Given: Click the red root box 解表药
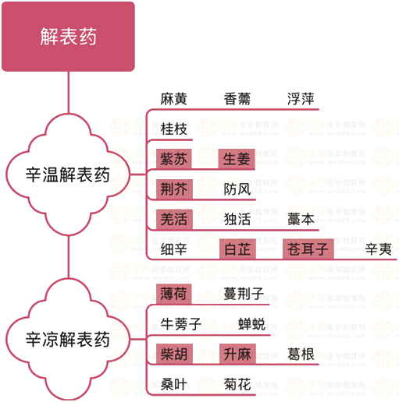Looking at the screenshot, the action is (68, 37).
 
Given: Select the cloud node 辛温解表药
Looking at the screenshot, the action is (68, 175).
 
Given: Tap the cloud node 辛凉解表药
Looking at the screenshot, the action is (68, 339).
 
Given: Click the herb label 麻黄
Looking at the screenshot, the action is (173, 99).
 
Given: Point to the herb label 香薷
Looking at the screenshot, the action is (237, 99).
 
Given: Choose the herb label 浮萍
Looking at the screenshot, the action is (301, 99).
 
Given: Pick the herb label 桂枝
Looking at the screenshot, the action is (173, 129).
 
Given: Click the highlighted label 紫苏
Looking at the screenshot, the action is (174, 159).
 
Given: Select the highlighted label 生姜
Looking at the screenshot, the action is (237, 159).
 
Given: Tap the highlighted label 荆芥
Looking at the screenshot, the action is (174, 189).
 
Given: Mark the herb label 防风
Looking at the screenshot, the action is (237, 189).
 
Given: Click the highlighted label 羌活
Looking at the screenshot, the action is (174, 219).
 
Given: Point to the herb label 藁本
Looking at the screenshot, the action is (301, 219).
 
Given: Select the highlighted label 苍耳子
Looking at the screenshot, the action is (308, 249).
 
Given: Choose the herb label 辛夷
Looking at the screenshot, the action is (378, 249).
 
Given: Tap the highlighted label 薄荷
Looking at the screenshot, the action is (174, 294).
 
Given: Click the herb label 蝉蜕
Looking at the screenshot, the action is (251, 324).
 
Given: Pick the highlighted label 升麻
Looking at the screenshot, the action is (237, 354).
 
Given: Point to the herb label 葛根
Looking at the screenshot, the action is (301, 354).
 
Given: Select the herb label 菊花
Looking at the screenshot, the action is (237, 384).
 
